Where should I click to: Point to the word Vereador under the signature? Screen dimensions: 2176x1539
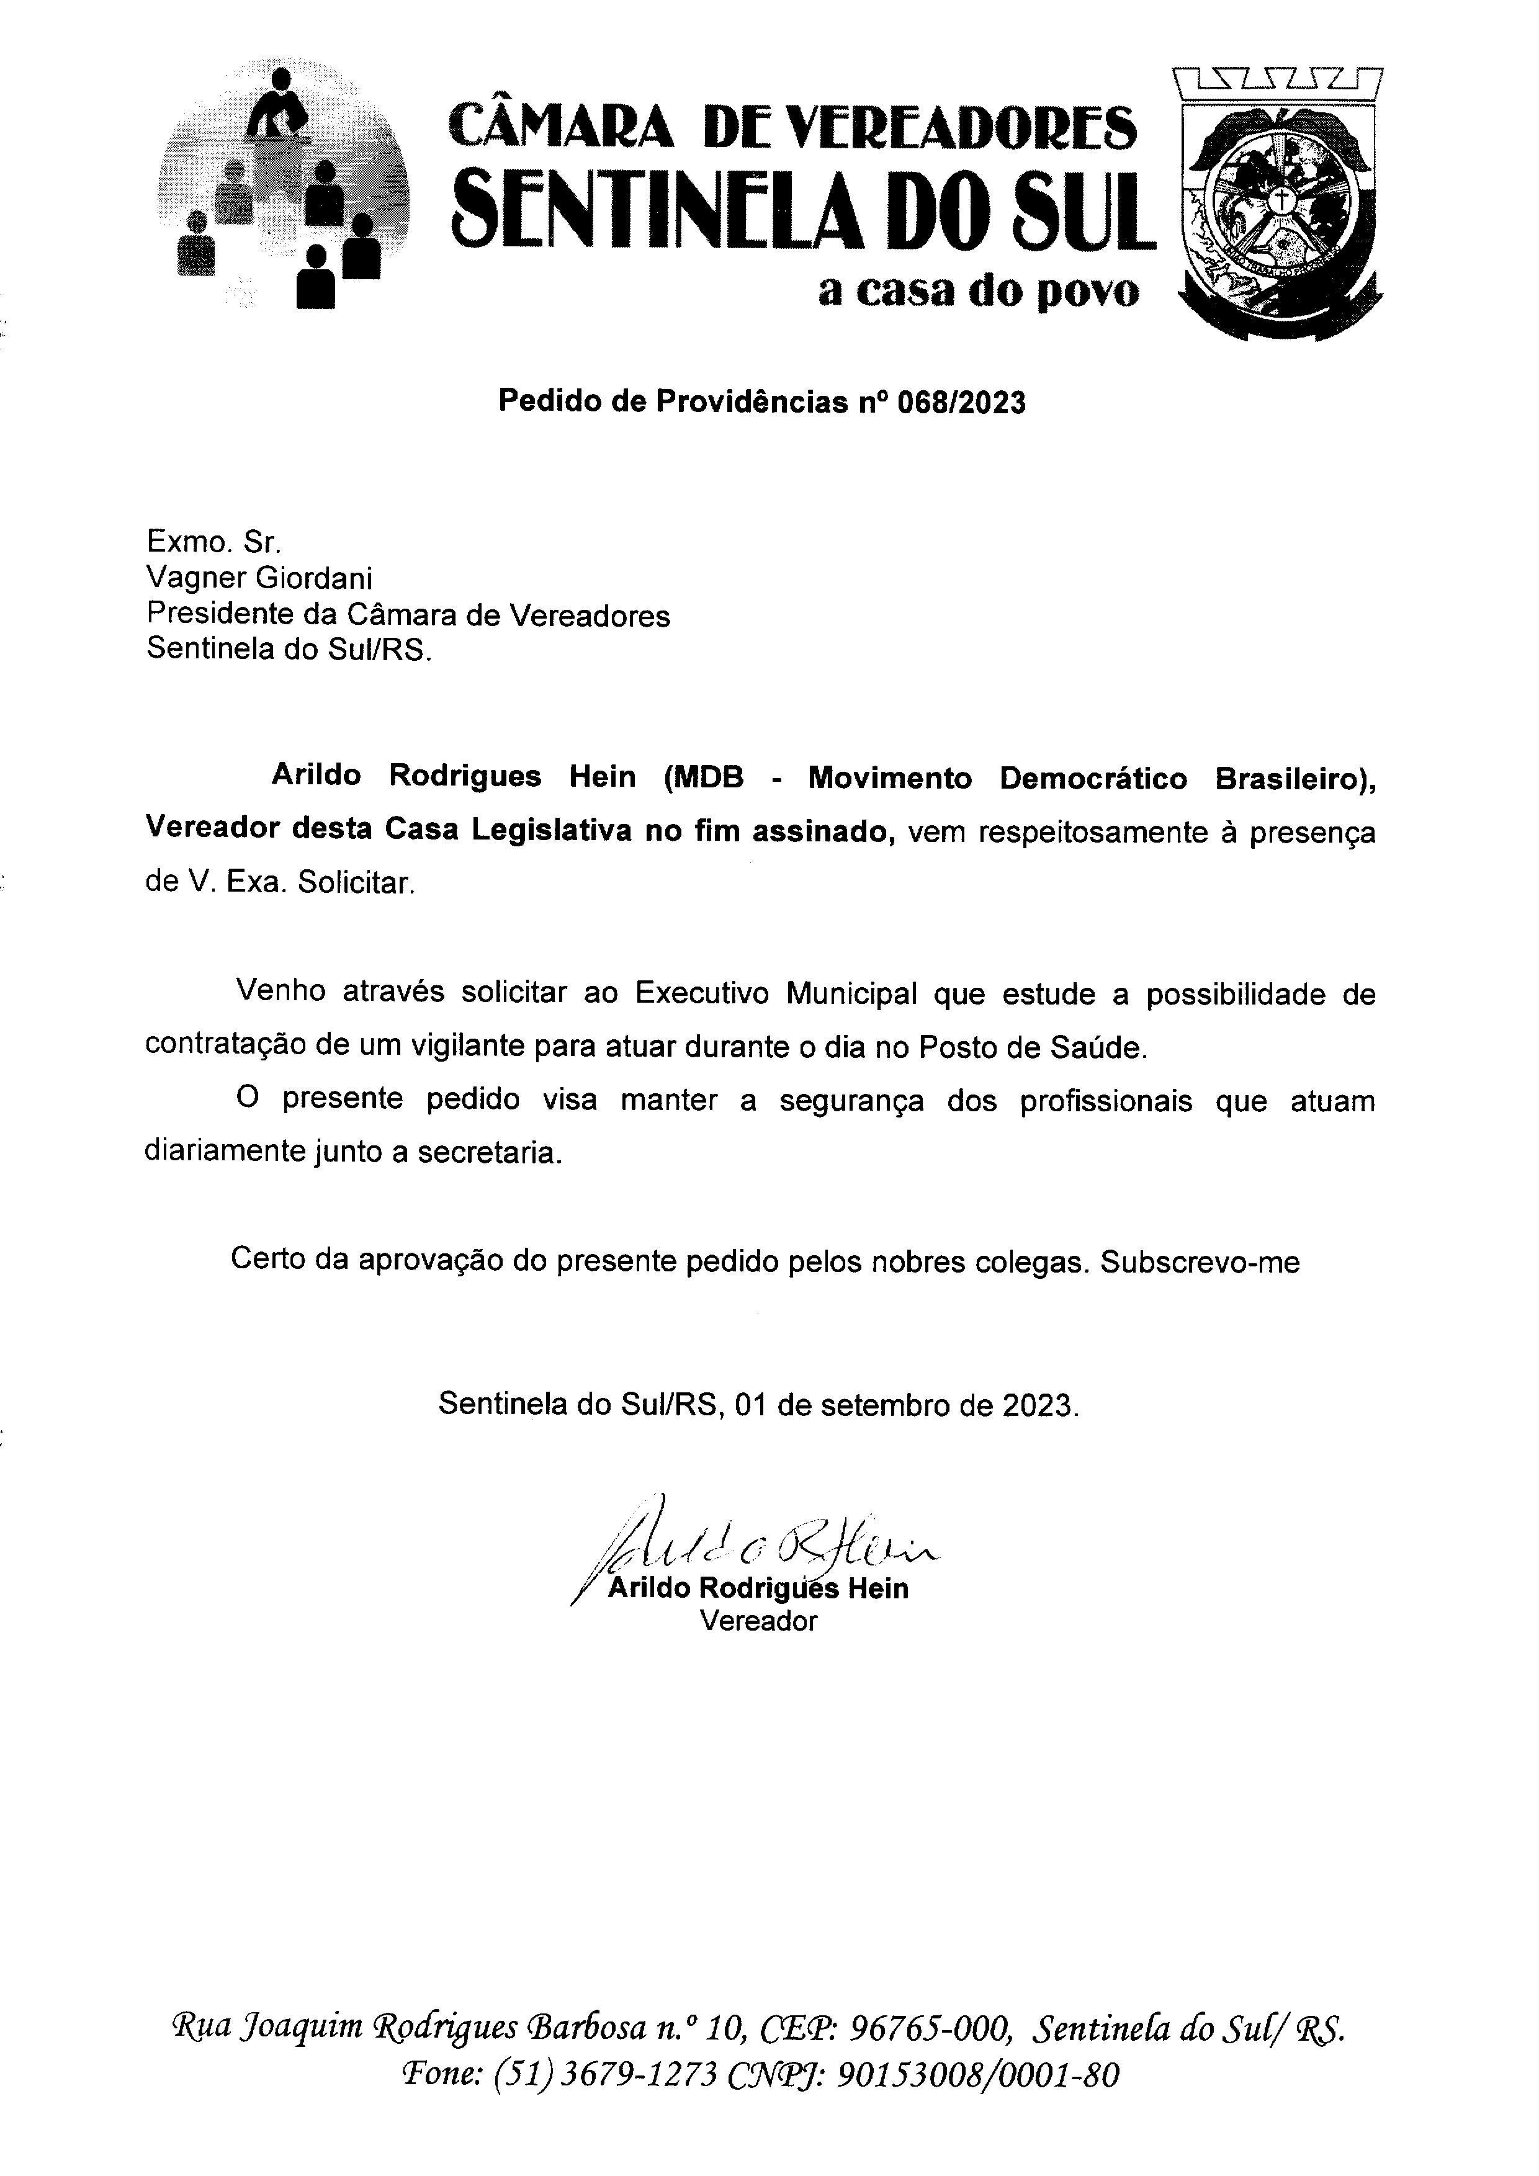coord(758,1621)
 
